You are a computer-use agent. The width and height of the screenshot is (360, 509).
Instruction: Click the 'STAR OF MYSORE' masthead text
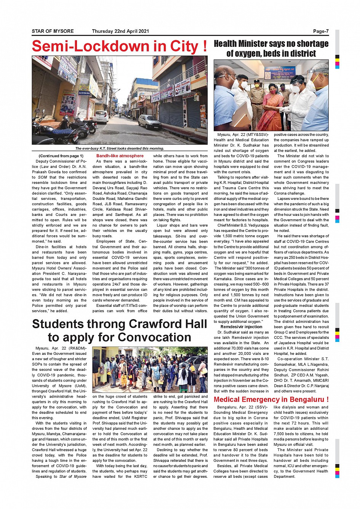click(x=53, y=31)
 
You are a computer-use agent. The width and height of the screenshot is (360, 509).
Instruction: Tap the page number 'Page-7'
click(x=321, y=31)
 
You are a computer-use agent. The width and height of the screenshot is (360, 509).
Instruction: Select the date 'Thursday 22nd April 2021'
click(x=120, y=31)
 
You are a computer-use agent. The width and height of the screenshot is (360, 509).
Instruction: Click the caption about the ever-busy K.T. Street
click(x=120, y=148)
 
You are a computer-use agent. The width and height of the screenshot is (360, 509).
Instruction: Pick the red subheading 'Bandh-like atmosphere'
click(x=120, y=156)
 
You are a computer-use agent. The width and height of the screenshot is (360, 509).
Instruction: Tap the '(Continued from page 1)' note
click(x=61, y=156)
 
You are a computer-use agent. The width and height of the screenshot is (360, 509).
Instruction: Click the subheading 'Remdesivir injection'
click(x=241, y=327)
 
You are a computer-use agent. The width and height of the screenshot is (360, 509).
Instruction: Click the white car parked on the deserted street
click(x=149, y=122)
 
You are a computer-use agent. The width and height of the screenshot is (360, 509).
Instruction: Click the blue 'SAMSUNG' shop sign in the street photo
click(x=84, y=93)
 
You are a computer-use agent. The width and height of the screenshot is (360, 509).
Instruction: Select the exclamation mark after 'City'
click(x=205, y=46)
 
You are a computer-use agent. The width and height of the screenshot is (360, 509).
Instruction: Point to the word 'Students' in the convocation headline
click(x=58, y=324)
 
